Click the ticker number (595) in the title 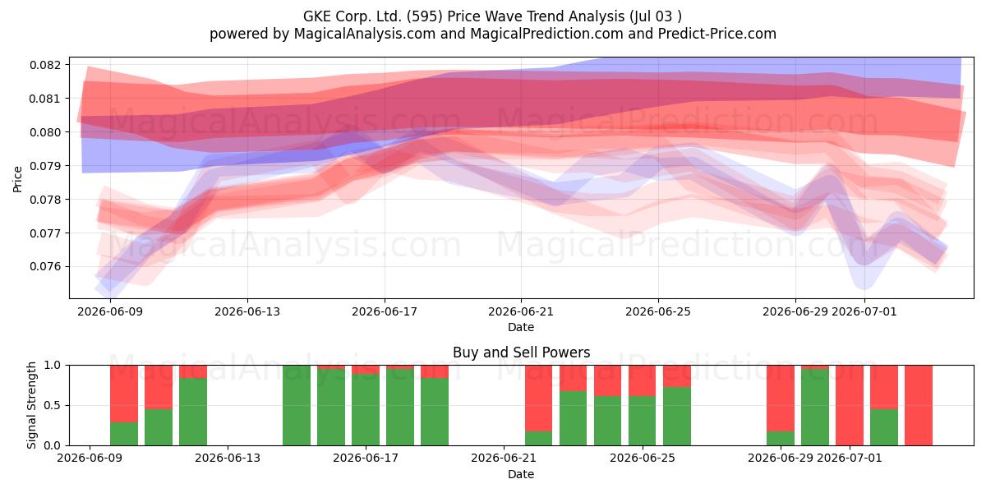(425, 16)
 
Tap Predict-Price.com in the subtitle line (717, 34)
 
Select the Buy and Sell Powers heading (521, 352)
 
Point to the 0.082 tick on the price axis (44, 65)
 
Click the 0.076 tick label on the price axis (44, 267)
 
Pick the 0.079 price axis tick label (44, 166)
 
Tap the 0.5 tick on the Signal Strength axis (52, 405)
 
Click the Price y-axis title (17, 179)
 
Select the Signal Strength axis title (31, 405)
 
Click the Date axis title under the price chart (521, 327)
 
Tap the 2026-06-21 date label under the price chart (521, 311)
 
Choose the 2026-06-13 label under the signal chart (228, 458)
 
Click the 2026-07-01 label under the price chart (864, 311)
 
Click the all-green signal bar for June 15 (297, 405)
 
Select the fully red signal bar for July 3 (919, 405)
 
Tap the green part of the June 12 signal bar (193, 412)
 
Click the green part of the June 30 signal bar (815, 408)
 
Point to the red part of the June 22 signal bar (538, 398)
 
